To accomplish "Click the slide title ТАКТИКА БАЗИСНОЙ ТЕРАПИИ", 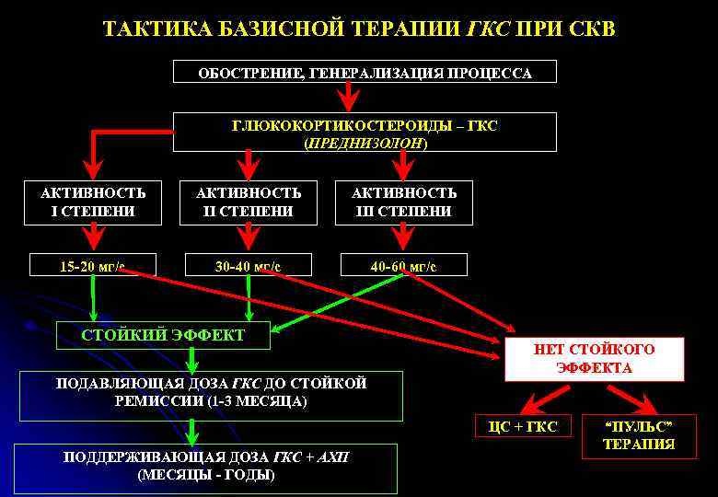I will coord(359,29).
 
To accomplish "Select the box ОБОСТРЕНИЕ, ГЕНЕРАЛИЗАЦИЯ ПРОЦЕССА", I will coord(365,73).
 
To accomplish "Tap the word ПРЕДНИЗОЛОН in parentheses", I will coord(365,144).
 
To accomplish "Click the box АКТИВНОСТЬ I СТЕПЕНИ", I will coord(93,202).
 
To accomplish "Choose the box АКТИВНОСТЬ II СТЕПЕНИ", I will coord(249,202).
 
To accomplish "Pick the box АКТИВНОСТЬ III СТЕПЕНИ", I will coord(404,202).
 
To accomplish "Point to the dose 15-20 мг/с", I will coord(92,267).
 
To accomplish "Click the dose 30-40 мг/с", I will coord(248,267).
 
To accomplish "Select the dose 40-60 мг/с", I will coord(403,267).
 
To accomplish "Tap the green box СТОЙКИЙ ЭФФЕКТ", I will coord(163,336).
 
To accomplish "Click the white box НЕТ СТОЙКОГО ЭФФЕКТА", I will coord(594,359).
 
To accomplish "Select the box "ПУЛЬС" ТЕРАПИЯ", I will coord(638,435).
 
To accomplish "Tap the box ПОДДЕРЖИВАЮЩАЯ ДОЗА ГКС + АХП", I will coord(205,467).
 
